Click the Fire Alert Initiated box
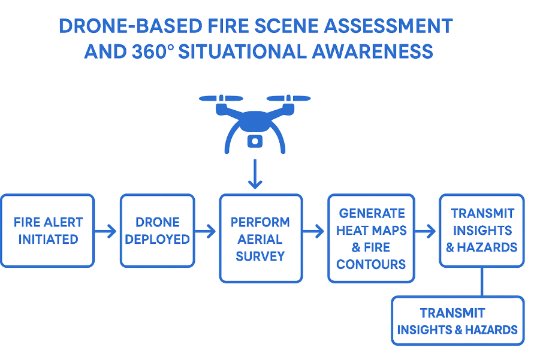click(x=47, y=231)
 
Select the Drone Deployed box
click(x=157, y=231)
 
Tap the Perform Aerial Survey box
click(x=260, y=238)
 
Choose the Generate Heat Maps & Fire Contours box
click(x=371, y=238)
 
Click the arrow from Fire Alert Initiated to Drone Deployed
click(x=107, y=231)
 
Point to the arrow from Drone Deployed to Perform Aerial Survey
click(x=206, y=231)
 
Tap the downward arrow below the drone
click(x=255, y=174)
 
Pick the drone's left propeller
click(x=221, y=98)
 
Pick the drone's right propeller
click(x=288, y=98)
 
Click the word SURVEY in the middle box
click(x=260, y=256)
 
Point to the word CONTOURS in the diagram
click(x=371, y=264)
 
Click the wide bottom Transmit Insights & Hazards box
click(x=457, y=320)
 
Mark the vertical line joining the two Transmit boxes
click(x=482, y=282)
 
